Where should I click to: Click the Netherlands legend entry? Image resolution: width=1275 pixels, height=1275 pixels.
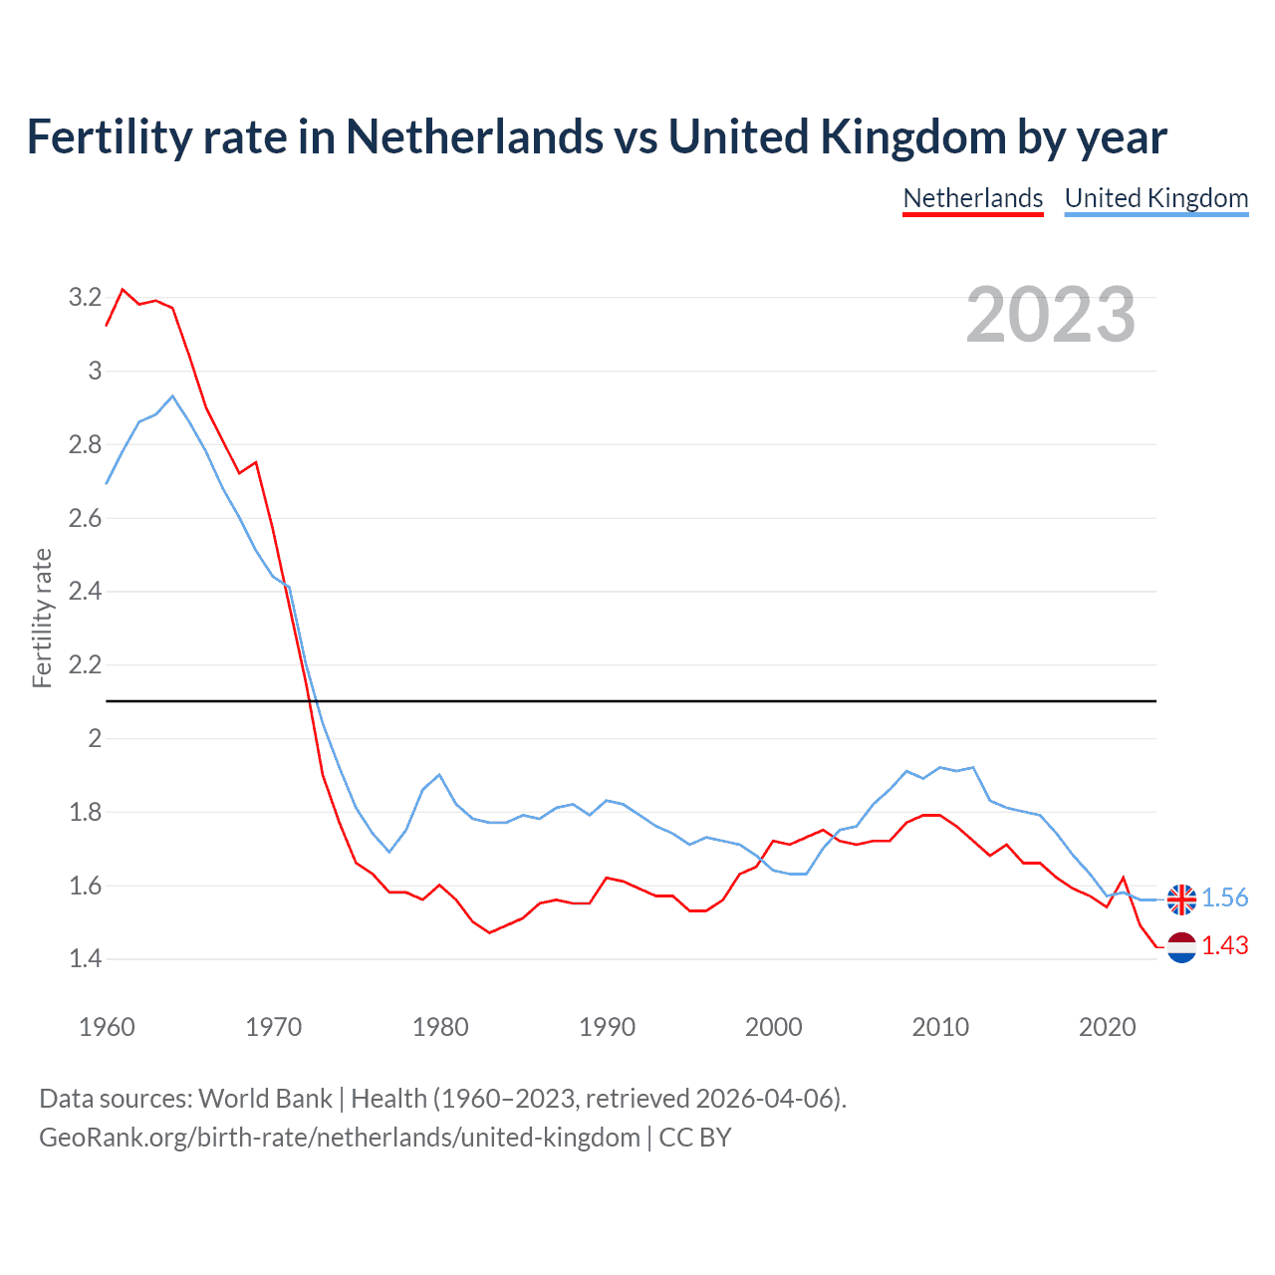point(972,198)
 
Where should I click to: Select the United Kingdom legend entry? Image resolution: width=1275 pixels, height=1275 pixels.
point(1155,198)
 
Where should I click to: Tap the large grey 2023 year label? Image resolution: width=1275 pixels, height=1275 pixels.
point(1051,315)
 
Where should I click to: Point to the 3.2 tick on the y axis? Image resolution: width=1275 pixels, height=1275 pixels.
point(85,297)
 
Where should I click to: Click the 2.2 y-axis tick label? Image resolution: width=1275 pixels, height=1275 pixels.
point(85,664)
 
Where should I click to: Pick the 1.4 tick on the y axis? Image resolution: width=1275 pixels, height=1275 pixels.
point(85,958)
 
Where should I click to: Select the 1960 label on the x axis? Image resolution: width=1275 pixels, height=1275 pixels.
point(107,1027)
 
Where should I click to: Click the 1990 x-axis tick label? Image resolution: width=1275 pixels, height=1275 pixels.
point(607,1027)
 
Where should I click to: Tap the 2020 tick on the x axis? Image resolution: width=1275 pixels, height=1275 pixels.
point(1107,1027)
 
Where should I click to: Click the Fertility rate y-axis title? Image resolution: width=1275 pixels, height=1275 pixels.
point(42,618)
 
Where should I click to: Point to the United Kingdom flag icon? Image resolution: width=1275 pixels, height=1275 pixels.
point(1181,898)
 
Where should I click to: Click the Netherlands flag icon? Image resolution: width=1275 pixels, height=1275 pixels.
point(1181,947)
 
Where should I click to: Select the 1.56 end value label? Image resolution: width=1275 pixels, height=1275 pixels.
point(1224,897)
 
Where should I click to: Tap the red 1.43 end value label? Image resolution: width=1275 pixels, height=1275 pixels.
point(1224,945)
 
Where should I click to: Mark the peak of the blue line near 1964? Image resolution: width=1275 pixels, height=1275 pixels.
point(172,395)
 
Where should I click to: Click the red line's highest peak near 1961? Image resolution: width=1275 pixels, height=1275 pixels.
point(123,289)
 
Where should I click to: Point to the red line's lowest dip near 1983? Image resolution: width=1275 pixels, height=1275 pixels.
point(489,932)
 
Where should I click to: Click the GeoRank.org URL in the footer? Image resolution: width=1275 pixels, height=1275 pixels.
point(340,1137)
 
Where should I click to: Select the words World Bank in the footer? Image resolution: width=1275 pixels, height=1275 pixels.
point(265,1098)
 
